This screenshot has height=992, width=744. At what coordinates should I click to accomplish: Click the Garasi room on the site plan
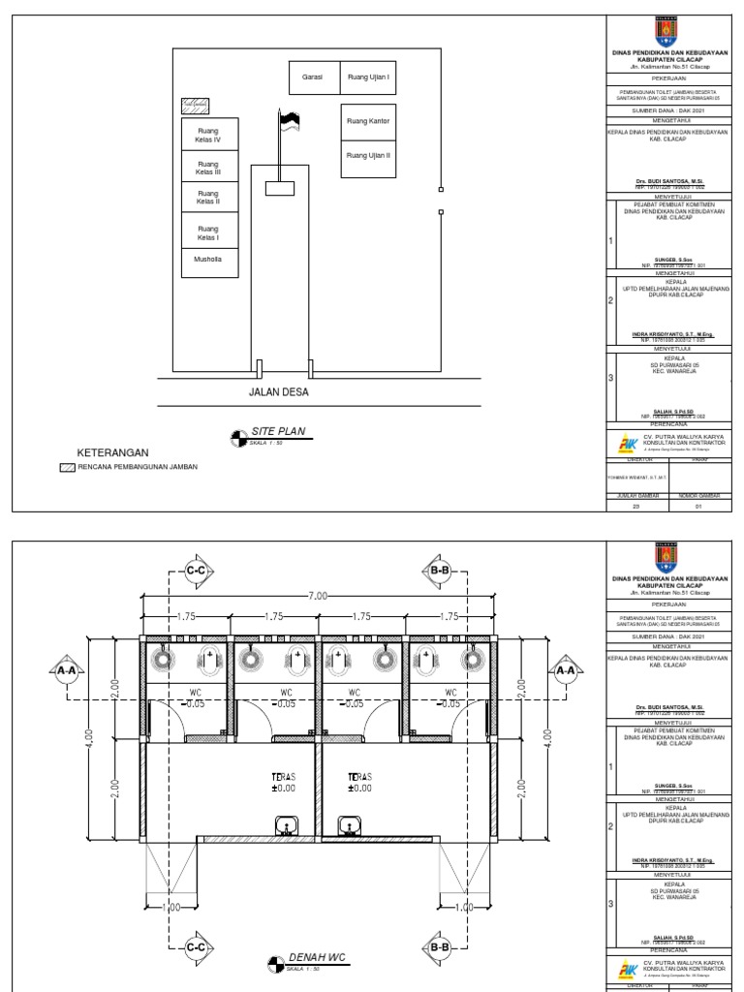click(313, 77)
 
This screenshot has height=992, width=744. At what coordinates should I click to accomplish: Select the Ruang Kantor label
click(367, 121)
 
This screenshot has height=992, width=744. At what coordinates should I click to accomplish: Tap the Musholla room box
click(208, 260)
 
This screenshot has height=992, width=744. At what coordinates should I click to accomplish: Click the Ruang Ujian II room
click(367, 156)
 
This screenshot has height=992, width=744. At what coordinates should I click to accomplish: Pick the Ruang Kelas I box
click(208, 232)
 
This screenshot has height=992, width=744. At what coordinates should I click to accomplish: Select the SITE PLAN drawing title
click(278, 430)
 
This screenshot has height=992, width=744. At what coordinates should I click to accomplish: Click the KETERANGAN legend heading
click(111, 452)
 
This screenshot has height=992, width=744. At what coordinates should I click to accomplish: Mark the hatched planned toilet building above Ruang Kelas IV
click(196, 105)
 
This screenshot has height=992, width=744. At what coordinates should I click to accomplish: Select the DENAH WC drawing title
click(317, 957)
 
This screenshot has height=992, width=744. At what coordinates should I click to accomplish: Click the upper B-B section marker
click(440, 572)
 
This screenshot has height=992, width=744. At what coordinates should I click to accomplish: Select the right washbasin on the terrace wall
click(350, 825)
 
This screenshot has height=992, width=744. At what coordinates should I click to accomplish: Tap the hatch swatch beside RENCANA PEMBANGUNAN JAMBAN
click(67, 467)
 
